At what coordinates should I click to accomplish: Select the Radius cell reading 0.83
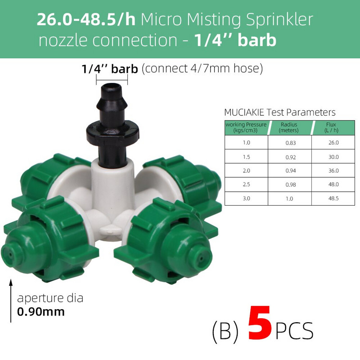click(290, 142)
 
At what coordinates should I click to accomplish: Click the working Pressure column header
click(246, 127)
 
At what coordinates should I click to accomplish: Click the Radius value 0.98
click(290, 184)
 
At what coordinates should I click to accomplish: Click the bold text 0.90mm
click(41, 311)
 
